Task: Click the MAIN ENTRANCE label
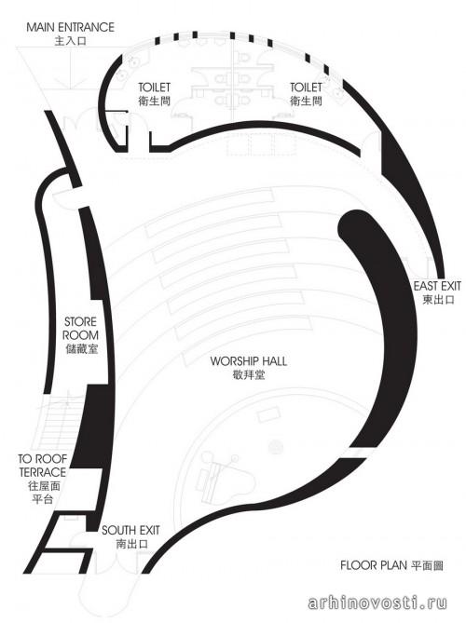71,27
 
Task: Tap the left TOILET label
155,88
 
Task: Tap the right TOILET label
306,88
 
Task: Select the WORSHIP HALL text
249,361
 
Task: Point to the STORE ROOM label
81,328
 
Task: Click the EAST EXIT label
437,286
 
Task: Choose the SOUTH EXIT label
130,531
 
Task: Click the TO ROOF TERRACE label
43,466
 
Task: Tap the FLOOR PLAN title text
374,565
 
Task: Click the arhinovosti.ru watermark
377,603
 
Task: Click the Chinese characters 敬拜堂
249,374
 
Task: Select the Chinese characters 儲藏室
81,349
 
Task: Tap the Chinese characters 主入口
71,41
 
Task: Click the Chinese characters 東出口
438,300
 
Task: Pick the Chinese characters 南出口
131,544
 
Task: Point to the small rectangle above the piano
268,416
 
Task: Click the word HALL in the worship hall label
272,361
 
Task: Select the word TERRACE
43,472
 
